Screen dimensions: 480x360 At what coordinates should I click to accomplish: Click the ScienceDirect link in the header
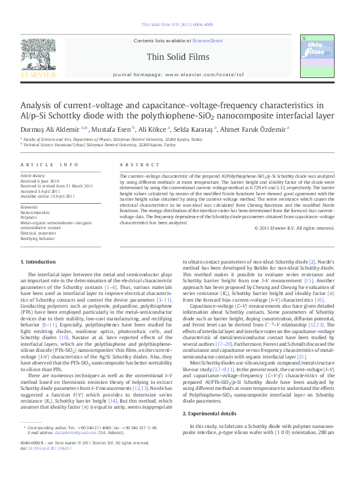coord(208,41)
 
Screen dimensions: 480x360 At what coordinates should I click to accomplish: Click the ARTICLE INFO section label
coord(50,164)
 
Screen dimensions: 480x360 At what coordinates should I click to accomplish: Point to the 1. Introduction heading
coord(38,261)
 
